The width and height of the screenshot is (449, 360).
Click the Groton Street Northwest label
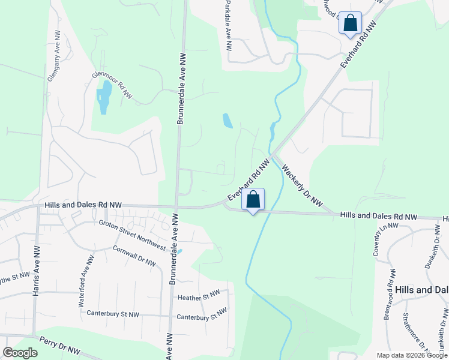(x=132, y=235)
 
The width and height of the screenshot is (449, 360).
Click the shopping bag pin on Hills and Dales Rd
(x=253, y=200)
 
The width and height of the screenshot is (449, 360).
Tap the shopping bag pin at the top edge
(x=351, y=23)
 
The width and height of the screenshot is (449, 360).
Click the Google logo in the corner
(x=20, y=353)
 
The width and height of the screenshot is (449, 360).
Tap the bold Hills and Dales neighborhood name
(x=421, y=289)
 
